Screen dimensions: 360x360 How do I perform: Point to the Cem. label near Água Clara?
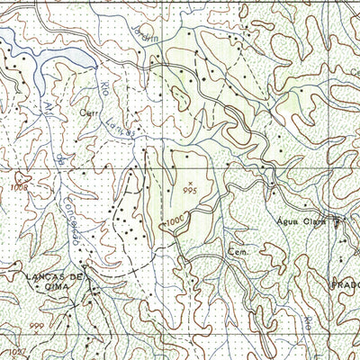(237, 250)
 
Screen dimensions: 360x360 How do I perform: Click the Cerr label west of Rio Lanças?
(86, 115)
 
